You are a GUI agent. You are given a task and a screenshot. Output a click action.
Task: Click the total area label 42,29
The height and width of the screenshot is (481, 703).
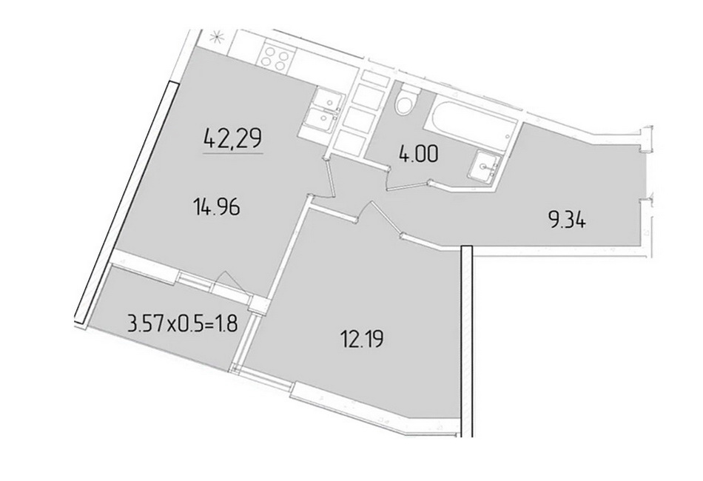coord(232,138)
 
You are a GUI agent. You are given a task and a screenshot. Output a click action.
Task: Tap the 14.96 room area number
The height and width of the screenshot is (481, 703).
coord(217,207)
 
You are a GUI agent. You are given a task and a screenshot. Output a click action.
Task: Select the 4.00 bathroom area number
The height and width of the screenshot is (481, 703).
coord(418,155)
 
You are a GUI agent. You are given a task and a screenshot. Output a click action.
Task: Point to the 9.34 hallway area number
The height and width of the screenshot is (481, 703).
coord(567,221)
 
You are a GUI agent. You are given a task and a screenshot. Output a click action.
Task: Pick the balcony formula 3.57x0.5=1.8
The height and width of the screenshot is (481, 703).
coord(183,323)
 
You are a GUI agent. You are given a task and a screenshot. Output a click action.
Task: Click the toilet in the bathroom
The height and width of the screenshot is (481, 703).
coord(407,99)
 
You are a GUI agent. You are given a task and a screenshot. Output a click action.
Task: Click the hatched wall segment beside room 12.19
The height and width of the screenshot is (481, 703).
coord(467,340)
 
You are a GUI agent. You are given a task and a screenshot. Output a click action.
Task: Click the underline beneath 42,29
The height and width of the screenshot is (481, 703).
coord(233,153)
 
